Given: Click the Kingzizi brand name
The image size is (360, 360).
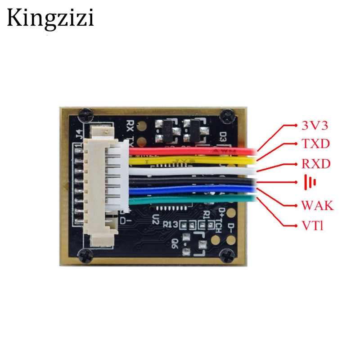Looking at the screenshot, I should point(50,19).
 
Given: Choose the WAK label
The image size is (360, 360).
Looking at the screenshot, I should point(317,206).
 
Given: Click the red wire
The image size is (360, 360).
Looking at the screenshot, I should point(193,151).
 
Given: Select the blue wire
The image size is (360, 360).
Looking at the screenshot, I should point(193,191).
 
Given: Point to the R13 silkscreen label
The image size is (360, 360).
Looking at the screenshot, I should point(170,224).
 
